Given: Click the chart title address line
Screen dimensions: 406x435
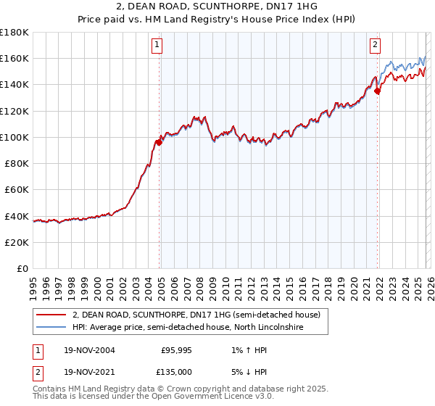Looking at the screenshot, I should tap(217, 7).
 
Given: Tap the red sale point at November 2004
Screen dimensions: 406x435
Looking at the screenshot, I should tap(159, 142).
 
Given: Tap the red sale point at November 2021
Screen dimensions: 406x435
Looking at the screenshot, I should tap(378, 91).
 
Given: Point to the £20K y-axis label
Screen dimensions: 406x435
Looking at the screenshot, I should tap(17, 242).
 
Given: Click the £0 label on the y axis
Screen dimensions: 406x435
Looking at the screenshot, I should tap(22, 268).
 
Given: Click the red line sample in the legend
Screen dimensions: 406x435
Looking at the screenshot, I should tap(52, 315).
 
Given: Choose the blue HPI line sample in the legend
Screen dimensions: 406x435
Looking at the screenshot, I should tap(52, 328).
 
